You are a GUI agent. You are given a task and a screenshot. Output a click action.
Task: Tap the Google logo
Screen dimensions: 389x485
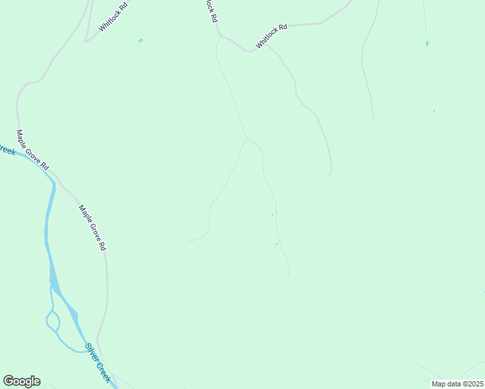pos(21,381)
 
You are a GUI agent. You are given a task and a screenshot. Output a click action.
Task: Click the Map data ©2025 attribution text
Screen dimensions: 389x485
pos(457,384)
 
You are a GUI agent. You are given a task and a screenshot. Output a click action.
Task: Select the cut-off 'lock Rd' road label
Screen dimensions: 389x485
pos(210,11)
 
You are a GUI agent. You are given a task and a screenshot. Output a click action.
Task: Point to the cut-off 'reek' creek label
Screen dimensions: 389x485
pos(6,150)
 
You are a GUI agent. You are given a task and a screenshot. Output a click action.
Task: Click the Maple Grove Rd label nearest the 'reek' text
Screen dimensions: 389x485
pos(32,150)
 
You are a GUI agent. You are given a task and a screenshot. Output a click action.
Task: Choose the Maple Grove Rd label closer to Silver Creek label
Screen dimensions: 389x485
pos(92,228)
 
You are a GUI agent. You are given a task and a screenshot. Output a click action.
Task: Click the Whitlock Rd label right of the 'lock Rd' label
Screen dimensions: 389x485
pos(271,36)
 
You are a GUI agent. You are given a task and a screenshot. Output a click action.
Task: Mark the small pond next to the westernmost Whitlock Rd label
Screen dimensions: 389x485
pos(141,41)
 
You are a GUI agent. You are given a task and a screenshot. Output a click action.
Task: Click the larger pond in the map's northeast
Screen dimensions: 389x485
pos(427,43)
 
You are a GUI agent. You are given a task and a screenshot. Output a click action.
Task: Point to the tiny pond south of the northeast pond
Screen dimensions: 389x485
pos(434,111)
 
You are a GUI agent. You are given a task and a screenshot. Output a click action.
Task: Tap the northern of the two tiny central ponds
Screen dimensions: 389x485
pos(272,215)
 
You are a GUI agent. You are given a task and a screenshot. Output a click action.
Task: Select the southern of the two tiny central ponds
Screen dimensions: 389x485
pos(277,244)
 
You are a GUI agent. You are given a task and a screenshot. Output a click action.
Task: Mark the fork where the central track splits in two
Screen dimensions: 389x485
pos(246,139)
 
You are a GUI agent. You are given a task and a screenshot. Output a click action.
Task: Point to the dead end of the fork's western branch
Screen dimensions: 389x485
pos(189,241)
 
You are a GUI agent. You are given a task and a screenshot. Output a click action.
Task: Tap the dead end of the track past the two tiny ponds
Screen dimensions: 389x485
pos(287,277)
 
